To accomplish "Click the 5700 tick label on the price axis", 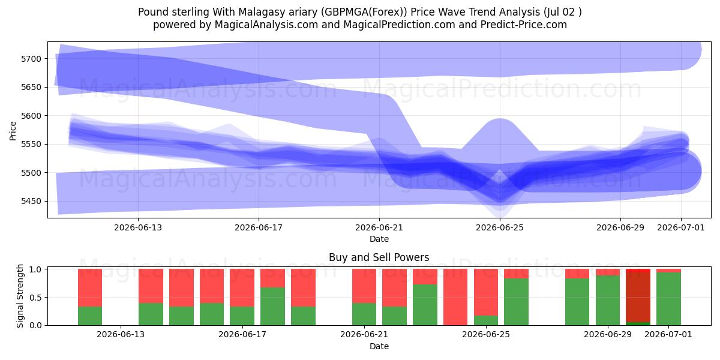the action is [31, 59].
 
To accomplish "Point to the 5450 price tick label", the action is [31, 201].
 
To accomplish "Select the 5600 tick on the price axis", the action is [31, 116].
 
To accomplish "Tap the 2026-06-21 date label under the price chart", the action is [379, 227].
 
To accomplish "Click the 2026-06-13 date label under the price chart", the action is [138, 227].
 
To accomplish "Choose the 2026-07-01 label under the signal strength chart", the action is [668, 334].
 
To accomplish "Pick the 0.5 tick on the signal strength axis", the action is [35, 298].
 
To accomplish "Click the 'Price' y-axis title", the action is [13, 131].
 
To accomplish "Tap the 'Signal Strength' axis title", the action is [20, 296].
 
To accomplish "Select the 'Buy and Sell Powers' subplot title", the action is [379, 257].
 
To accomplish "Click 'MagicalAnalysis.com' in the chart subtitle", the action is [266, 25].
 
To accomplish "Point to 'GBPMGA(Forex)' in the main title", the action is [366, 12].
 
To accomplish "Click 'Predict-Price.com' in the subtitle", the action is [524, 25].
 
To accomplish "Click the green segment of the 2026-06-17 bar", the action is [242, 316].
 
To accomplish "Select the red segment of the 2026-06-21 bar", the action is [364, 286].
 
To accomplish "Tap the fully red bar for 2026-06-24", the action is [455, 297].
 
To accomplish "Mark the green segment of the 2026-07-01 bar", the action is [668, 299].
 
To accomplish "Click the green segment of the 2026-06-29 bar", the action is [608, 301].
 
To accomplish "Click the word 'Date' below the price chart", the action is [379, 239].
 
